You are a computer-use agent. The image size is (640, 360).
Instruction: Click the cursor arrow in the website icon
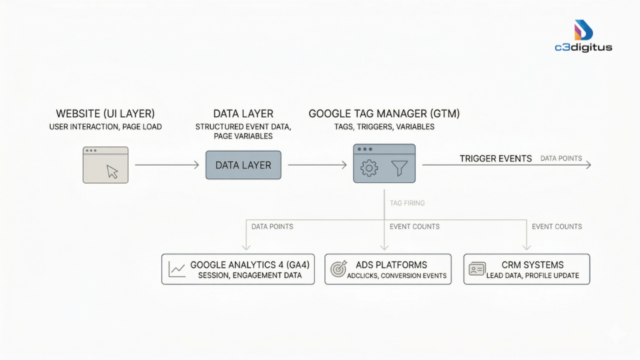click(112, 171)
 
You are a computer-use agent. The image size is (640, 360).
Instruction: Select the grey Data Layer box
click(243, 165)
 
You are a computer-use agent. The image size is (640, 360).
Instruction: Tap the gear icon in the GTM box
click(370, 168)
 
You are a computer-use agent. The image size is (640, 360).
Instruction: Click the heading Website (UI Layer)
click(105, 114)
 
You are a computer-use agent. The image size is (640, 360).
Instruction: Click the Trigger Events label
click(496, 159)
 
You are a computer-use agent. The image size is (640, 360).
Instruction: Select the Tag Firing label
click(407, 203)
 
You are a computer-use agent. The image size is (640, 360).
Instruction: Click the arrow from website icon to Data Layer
click(166, 165)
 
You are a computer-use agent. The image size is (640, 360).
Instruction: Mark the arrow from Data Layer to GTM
click(317, 165)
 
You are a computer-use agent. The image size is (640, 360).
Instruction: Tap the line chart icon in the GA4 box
click(177, 269)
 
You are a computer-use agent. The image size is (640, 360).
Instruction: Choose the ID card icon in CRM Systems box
click(477, 269)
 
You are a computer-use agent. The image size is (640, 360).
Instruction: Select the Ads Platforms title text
click(391, 265)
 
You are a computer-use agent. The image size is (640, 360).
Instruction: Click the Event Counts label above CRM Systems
click(557, 226)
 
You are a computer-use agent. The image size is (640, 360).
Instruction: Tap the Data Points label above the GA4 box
click(272, 226)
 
